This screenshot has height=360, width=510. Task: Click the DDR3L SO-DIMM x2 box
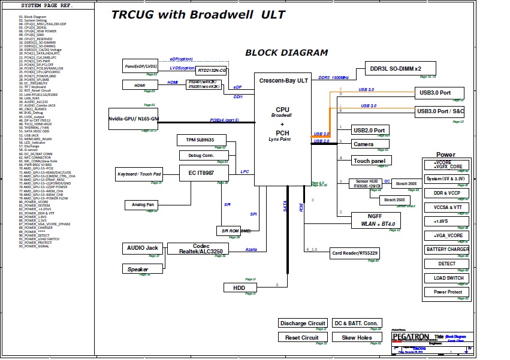click(x=395, y=68)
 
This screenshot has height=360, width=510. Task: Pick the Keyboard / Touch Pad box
click(x=139, y=174)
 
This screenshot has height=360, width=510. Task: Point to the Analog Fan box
click(x=143, y=205)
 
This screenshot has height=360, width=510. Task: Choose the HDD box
click(x=239, y=288)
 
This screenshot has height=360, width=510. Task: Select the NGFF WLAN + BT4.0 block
click(x=375, y=220)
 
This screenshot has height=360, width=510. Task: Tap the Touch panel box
click(x=370, y=161)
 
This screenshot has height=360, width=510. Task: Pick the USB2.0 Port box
click(x=369, y=130)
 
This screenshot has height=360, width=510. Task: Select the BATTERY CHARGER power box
click(x=447, y=249)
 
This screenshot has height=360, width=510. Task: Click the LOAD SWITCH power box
click(x=448, y=278)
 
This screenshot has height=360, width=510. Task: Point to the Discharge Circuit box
click(x=303, y=323)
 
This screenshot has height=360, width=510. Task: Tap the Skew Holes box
click(x=357, y=338)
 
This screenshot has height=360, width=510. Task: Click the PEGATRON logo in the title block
click(x=411, y=337)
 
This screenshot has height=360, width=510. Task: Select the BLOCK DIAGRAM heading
click(x=286, y=53)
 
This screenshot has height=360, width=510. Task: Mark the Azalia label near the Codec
click(x=251, y=249)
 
